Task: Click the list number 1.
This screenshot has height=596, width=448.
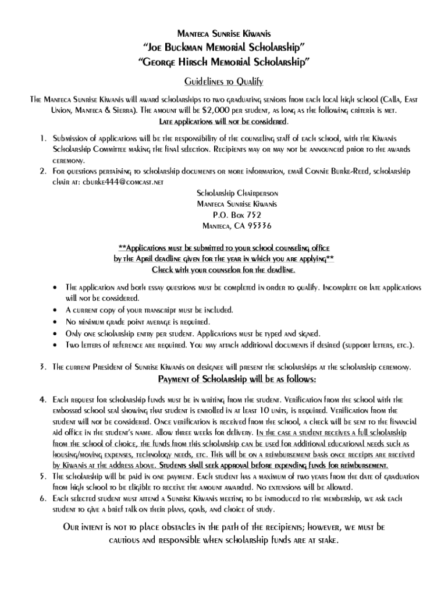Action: click(x=42, y=139)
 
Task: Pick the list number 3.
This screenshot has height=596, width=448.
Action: click(x=42, y=367)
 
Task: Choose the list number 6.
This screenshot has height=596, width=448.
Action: click(x=42, y=499)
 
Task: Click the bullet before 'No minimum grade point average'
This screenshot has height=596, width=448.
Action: click(x=55, y=322)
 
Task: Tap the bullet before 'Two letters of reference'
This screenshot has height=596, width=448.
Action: click(x=55, y=345)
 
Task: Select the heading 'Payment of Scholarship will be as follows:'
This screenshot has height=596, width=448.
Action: click(x=237, y=380)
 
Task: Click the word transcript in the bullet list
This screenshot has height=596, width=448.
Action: click(x=169, y=310)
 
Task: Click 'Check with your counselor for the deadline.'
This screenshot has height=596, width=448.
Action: click(x=223, y=270)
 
